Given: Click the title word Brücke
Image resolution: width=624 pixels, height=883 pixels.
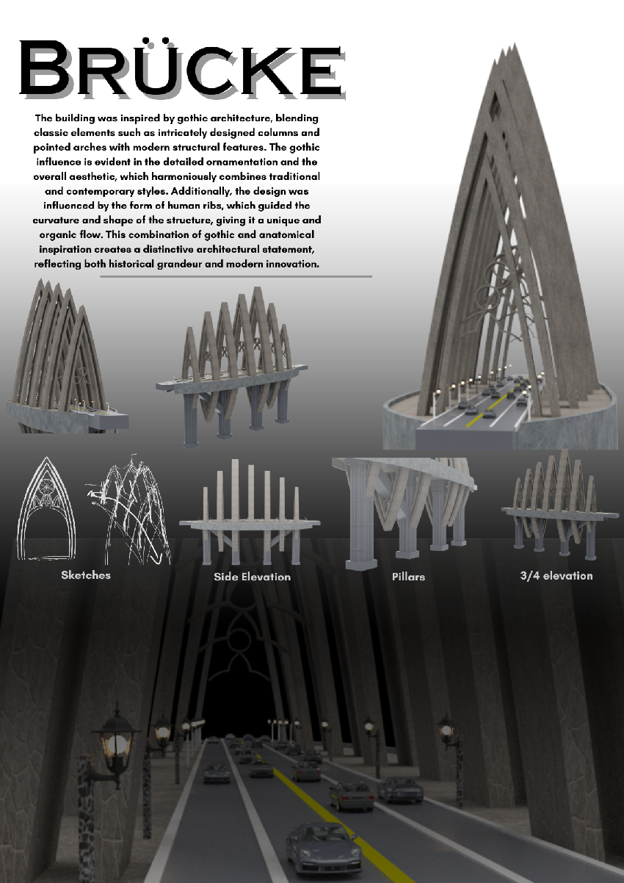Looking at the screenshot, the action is (182, 68).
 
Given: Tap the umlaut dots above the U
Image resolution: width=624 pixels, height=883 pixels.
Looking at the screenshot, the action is (156, 40).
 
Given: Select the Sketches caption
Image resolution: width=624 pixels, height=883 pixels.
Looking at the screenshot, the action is (86, 575).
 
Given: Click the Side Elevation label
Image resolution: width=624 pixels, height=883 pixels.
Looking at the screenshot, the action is (252, 577).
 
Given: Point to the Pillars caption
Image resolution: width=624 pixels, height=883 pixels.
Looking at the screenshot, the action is (408, 577).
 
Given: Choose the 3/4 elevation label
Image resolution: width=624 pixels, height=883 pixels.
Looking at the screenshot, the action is (556, 576).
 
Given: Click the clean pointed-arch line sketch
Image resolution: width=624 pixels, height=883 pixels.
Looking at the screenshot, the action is (46, 508).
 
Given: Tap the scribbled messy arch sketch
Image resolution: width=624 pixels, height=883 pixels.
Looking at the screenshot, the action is (128, 509).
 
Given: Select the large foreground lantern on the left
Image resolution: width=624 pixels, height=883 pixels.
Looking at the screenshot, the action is (117, 742).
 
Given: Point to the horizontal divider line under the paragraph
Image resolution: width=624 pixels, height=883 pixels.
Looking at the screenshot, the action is (236, 277).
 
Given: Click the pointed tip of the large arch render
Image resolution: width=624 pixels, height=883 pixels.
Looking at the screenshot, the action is (515, 43).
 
